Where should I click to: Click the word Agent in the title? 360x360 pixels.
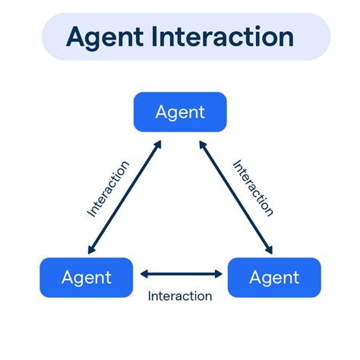103,36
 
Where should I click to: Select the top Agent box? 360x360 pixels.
180,112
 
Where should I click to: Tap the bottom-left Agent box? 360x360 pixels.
85,277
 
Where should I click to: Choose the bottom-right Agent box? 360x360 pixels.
274,277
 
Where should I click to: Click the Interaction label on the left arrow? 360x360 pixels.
108,188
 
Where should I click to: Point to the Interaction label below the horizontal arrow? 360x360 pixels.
180,295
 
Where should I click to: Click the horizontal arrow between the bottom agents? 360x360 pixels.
180,274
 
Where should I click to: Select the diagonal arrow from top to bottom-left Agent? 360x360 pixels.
125,196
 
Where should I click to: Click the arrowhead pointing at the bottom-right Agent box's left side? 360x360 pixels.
217,274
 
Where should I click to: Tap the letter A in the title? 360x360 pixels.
77,36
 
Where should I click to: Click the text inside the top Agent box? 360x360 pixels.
180,112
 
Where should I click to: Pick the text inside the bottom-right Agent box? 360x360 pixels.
274,277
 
